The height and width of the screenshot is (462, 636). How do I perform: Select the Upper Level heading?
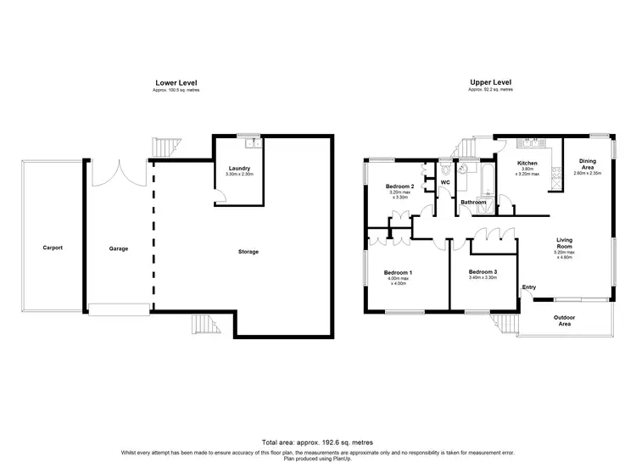point(491,82)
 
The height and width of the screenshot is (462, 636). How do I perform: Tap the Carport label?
point(53,248)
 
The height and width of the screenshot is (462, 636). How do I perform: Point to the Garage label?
point(118,248)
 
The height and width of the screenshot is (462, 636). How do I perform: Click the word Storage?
point(248,252)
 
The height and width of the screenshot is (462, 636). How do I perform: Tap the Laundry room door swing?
point(219,195)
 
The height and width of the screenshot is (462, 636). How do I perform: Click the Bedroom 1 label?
point(399,272)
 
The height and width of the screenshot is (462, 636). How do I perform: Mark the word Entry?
point(529,287)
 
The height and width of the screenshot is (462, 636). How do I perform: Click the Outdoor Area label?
point(564,320)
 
